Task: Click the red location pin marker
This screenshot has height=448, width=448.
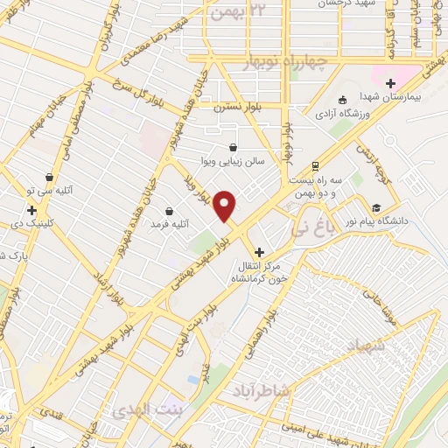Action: click(x=226, y=206)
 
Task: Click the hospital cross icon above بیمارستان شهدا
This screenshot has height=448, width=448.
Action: click(x=390, y=84)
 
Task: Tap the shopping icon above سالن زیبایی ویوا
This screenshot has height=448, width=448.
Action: click(x=233, y=147)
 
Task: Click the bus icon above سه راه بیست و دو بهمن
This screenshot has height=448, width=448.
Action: click(x=315, y=164)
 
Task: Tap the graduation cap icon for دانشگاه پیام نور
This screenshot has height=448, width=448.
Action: click(x=376, y=207)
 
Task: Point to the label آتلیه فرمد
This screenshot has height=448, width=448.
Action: click(x=171, y=225)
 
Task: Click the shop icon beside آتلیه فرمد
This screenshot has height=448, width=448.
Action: click(x=170, y=211)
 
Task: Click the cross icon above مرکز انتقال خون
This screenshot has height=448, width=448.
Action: click(x=259, y=251)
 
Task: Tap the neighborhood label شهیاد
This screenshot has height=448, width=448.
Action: click(x=353, y=346)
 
